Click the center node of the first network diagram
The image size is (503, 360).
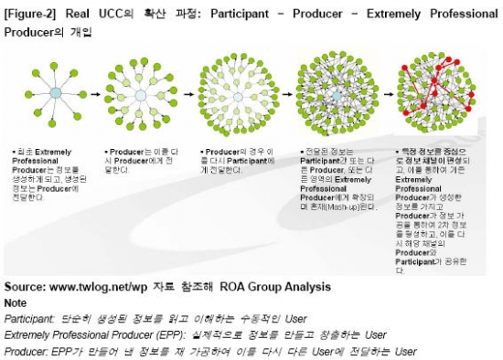click(55, 93)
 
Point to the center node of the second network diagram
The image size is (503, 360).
click(140, 94)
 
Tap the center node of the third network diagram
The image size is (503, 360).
click(234, 94)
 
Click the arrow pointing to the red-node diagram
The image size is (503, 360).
click(386, 94)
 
